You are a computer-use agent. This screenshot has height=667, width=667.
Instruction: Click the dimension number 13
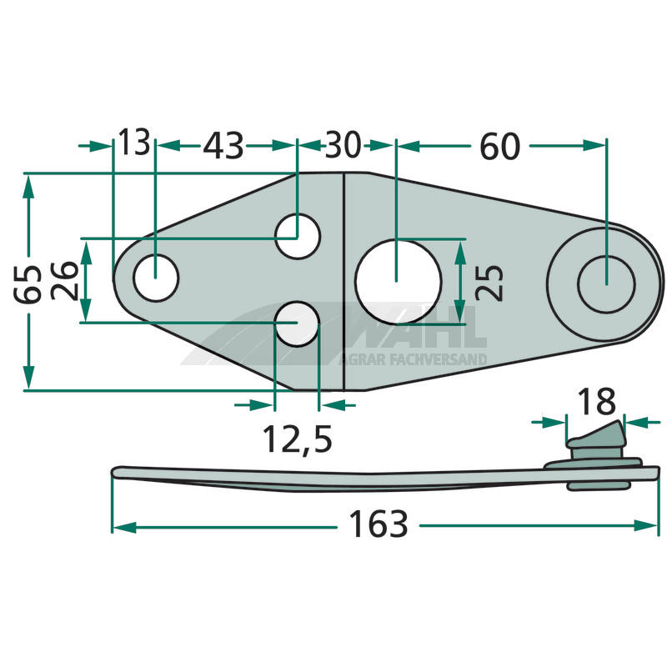134,142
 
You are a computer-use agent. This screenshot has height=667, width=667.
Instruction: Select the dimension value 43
223,145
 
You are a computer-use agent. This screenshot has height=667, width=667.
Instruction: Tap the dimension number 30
343,144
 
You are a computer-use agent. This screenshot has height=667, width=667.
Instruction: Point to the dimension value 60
499,146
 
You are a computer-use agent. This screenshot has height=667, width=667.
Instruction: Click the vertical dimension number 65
28,284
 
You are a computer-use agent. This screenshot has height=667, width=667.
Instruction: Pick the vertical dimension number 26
65,281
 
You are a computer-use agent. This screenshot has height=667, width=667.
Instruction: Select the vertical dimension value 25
489,283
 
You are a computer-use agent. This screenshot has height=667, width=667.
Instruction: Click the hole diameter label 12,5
298,439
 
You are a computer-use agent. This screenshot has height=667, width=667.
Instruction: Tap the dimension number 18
596,401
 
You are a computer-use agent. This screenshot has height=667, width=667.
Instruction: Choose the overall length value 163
379,524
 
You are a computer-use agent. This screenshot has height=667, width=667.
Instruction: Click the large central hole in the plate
399,282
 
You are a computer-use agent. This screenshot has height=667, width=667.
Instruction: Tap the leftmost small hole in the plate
156,278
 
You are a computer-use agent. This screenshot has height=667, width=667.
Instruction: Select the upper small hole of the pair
298,236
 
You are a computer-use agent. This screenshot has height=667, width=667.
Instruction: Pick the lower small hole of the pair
298,323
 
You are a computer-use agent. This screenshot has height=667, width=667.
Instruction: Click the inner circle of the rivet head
607,284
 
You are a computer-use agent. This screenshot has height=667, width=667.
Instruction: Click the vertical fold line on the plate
344,282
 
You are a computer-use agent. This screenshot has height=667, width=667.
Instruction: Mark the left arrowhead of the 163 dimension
123,528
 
